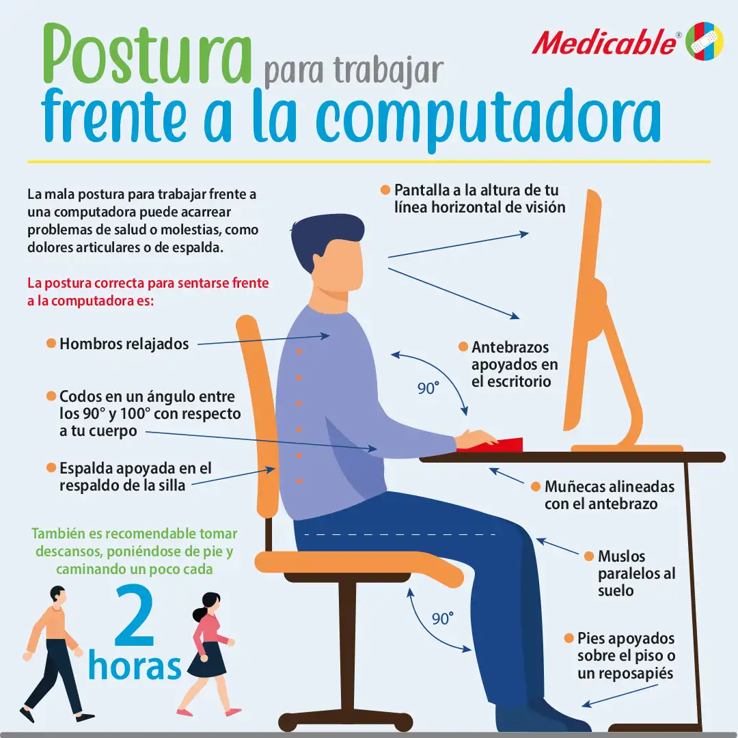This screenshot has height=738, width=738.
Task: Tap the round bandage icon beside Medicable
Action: (x=705, y=41)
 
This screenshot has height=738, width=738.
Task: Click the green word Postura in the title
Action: (x=147, y=55)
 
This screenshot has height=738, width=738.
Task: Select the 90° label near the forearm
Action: (x=428, y=388)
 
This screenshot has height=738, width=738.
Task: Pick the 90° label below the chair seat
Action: (x=442, y=619)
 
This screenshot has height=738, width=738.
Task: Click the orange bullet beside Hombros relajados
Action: (x=51, y=343)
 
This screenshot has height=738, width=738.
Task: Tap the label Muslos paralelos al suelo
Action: (x=626, y=573)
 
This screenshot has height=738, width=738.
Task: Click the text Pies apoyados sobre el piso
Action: (x=625, y=655)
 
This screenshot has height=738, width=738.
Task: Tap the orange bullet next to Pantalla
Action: (x=386, y=189)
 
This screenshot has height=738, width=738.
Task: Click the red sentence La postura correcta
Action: (x=148, y=291)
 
